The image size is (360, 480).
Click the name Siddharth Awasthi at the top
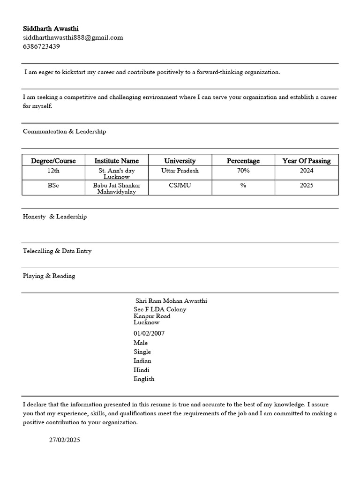pos(51,29)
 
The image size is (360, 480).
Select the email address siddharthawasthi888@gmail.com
pos(73,37)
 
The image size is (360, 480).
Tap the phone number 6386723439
pos(41,46)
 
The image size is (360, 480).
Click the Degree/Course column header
pos(53,161)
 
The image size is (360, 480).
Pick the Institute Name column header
pos(117,161)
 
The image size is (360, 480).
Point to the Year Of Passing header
pos(306,161)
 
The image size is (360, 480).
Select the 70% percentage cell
pos(243,171)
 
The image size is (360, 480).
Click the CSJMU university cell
pos(180,185)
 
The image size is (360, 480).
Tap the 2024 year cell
pos(306,171)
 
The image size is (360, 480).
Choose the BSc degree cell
pos(53,185)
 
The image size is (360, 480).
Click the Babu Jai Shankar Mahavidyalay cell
pos(117,188)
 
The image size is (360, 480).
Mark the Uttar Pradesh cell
pos(180,171)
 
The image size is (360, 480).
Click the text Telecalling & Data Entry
pos(57,251)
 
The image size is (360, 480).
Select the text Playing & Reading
pos(49,276)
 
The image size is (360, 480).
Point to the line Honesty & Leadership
pos(54,217)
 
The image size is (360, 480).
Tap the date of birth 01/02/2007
pos(149,333)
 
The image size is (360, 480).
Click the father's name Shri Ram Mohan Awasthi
pos(171,301)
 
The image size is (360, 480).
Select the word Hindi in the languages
pos(141,370)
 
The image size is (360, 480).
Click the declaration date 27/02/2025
pos(65,440)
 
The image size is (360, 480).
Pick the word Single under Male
pos(142,352)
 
